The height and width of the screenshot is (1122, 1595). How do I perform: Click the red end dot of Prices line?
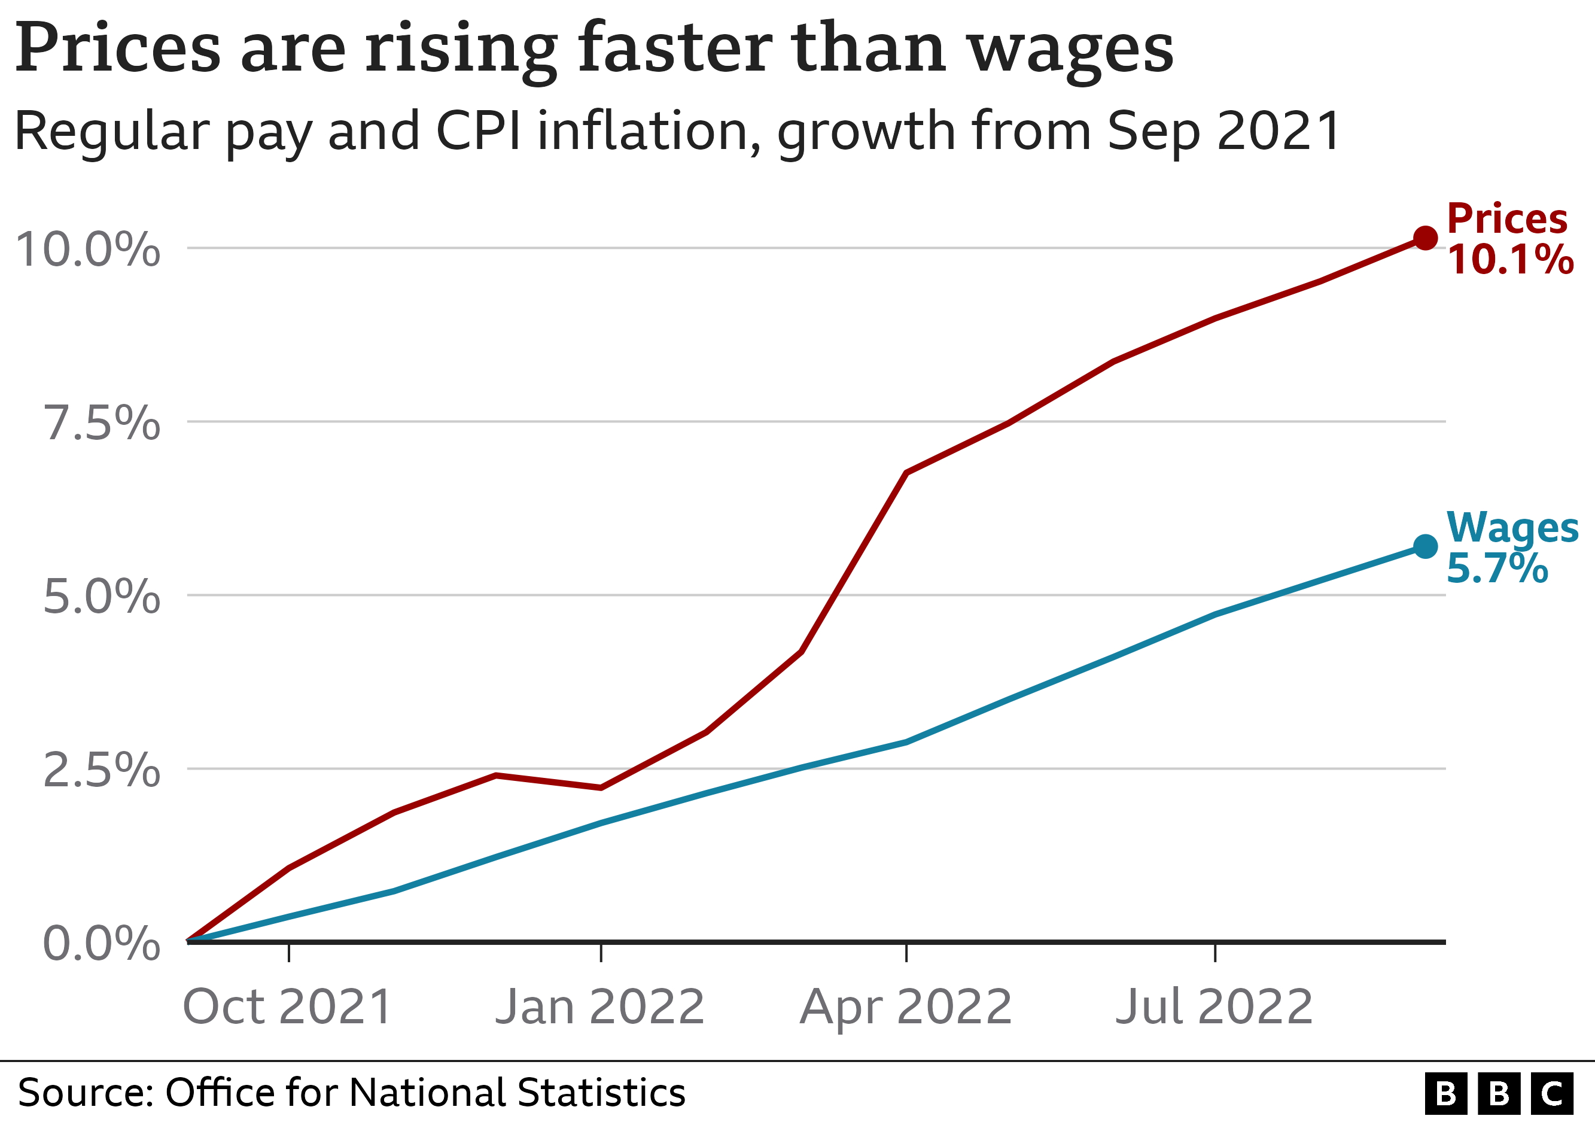tap(1425, 238)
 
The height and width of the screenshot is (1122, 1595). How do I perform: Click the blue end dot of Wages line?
tap(1425, 547)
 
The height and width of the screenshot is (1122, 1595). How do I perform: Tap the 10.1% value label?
tap(1509, 260)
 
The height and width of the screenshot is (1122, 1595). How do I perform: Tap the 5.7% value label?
tap(1497, 568)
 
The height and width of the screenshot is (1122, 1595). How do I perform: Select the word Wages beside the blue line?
tap(1512, 527)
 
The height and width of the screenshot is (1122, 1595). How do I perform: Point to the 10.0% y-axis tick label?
tap(87, 250)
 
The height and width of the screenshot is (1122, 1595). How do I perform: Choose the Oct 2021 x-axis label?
tap(288, 1007)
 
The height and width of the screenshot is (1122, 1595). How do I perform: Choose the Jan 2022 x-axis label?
tap(600, 1007)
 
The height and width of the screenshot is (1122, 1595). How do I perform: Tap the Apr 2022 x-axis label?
tap(906, 1007)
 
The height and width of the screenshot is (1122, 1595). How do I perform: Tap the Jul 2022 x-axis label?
tap(1214, 1007)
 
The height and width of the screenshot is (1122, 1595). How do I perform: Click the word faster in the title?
tap(674, 48)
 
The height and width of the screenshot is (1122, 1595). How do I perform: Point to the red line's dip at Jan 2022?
tap(600, 787)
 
